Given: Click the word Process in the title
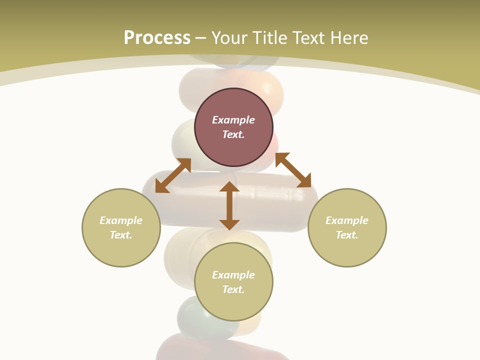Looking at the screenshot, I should click(157, 38).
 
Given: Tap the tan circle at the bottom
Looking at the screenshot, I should click(233, 305).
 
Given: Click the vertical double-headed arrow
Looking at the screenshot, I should click(229, 205).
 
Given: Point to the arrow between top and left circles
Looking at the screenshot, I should click(173, 175).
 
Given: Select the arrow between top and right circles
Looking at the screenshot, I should click(293, 170).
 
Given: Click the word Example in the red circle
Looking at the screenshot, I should click(233, 120).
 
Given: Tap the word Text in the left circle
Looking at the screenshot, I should click(121, 235).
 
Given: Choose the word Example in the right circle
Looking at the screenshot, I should click(347, 220).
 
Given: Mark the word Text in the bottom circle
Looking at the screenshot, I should click(233, 289).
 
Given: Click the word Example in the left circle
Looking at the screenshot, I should click(121, 220).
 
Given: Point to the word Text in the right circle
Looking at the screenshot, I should click(347, 235).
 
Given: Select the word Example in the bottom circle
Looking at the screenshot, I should click(233, 275).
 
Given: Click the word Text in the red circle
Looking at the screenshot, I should click(233, 134).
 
